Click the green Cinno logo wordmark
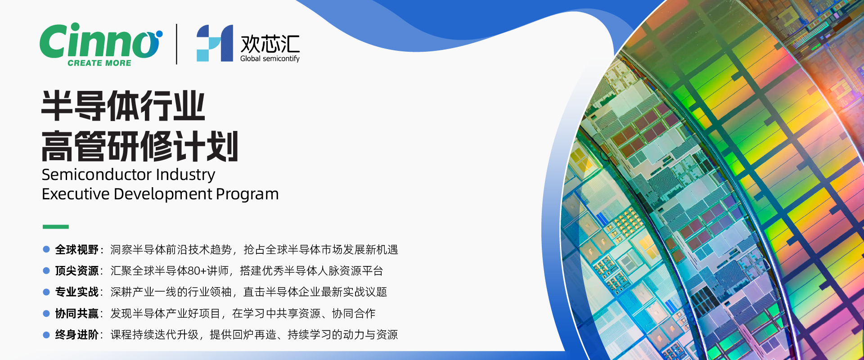pos(100,40)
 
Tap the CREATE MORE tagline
pos(99,63)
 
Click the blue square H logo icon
pos(215,43)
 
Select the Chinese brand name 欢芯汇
pos(270,44)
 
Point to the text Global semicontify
pos(270,58)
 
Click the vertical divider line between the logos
pos(176,44)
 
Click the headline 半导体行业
pos(123,106)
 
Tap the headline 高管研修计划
pos(140,146)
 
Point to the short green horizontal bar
pos(56,227)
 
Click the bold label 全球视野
pos(77,250)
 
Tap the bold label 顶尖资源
pos(77,271)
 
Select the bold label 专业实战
pos(77,292)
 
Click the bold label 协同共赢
pos(77,314)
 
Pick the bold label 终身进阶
pos(77,335)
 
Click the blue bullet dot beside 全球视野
pos(46,249)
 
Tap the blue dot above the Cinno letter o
pos(159,34)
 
